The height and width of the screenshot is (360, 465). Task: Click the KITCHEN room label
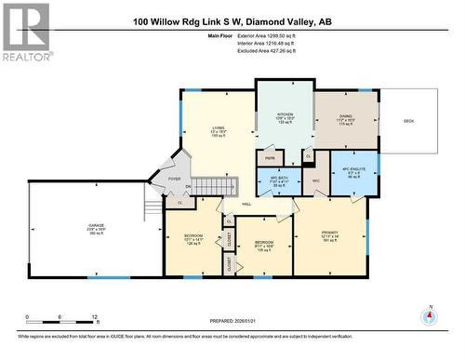[x=285, y=118]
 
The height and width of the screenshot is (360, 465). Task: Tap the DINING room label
[x=345, y=118]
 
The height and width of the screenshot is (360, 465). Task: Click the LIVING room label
[x=219, y=128]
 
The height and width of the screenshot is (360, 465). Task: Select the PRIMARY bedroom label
[x=329, y=233]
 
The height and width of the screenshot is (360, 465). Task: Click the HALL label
[x=246, y=204]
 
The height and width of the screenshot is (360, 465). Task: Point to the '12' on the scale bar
[x=94, y=317]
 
